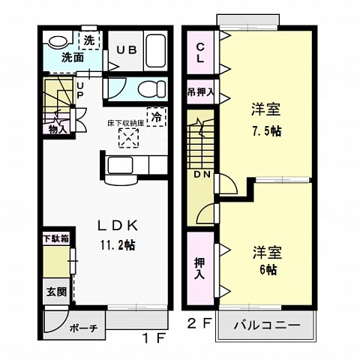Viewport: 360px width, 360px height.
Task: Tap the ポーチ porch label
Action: [83, 328]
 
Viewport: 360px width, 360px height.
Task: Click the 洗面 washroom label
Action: [72, 56]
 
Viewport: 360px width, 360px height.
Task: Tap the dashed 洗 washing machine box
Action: [89, 40]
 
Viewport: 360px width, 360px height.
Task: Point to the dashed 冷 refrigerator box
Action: [156, 116]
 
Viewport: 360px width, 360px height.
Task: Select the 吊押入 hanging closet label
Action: [201, 93]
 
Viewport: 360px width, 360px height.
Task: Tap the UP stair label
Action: [81, 88]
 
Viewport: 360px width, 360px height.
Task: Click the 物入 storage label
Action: [58, 127]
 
